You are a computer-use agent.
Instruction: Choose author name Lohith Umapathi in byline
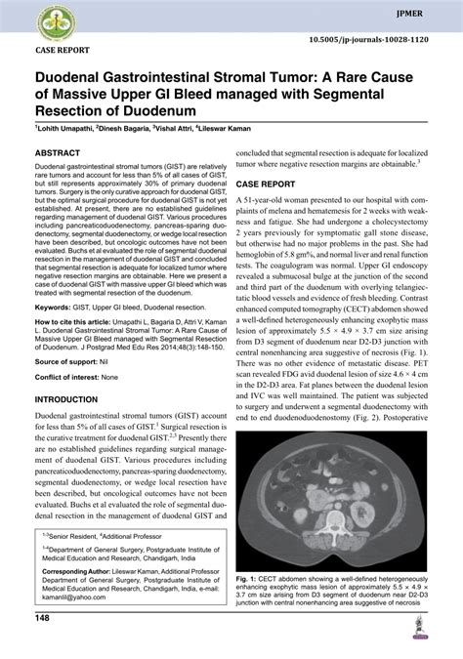(x=67, y=128)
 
